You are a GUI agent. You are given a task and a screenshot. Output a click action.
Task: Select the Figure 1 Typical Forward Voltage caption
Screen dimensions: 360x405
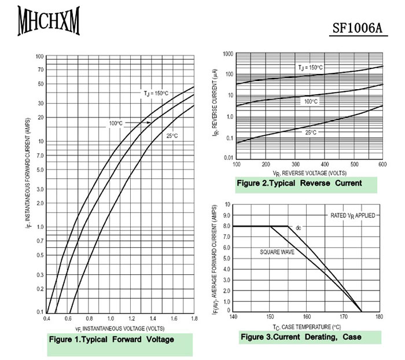(112, 340)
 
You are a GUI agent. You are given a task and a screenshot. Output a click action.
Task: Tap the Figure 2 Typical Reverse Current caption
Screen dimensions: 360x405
(299, 183)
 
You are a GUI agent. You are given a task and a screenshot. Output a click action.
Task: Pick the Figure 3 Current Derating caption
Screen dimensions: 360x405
(301, 337)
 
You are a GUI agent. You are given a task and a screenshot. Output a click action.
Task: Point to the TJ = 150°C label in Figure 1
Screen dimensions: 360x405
(156, 93)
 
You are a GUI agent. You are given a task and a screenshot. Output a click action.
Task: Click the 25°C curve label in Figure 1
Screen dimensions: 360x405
(172, 136)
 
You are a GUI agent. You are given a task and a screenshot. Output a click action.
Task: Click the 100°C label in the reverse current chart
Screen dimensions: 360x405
(311, 101)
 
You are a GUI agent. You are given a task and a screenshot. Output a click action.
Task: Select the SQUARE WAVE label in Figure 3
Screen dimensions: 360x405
(277, 252)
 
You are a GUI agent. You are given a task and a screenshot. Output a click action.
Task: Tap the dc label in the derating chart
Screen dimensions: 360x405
(299, 228)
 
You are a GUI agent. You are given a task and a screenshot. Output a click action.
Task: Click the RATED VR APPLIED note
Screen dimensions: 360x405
(353, 215)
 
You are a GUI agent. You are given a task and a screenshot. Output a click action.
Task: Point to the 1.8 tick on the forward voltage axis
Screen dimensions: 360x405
(194, 319)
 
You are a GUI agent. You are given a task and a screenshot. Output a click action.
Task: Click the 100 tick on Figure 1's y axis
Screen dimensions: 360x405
(40, 57)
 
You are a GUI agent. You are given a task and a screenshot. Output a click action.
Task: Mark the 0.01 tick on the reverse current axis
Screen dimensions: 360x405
(227, 157)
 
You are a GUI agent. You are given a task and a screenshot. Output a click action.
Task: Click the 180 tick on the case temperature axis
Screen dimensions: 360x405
(379, 317)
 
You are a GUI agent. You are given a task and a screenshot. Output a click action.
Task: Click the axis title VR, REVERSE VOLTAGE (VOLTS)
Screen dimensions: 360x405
(310, 172)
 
